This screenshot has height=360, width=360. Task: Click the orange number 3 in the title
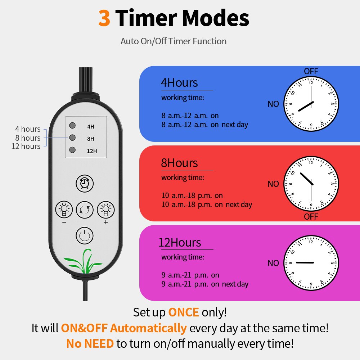click(104, 18)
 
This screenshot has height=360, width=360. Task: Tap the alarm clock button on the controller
click(85, 183)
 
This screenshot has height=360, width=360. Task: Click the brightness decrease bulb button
click(64, 210)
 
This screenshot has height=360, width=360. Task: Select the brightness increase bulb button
click(105, 210)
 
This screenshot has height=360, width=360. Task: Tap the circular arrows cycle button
click(85, 210)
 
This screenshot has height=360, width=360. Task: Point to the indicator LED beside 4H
click(72, 125)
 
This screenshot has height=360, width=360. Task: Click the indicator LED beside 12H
click(72, 150)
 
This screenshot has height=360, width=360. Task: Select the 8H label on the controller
click(90, 139)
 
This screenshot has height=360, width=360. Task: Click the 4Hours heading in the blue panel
click(179, 83)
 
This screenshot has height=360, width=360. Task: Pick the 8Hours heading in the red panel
click(179, 163)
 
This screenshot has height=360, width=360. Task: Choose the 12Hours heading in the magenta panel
click(180, 242)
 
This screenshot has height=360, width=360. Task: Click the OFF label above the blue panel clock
click(311, 71)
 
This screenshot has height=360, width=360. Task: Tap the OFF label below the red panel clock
click(311, 216)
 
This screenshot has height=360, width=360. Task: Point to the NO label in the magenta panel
click(273, 263)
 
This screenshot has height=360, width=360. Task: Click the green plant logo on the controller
click(84, 261)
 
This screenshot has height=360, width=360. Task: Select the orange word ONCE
click(184, 312)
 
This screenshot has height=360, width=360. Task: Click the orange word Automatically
click(148, 328)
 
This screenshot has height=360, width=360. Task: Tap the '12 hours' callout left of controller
click(26, 146)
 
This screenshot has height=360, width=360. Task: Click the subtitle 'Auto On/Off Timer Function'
click(174, 41)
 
